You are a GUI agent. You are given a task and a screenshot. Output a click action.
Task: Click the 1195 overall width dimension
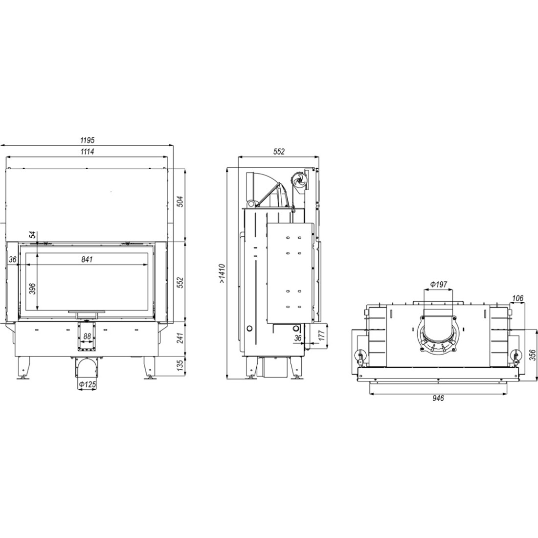point(87,140)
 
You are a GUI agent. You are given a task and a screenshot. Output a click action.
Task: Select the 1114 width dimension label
point(87,151)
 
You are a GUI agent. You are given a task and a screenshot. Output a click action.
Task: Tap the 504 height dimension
point(181,202)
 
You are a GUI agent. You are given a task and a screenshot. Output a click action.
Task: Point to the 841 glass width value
point(87,260)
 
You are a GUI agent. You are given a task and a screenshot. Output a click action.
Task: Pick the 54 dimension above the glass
point(32,235)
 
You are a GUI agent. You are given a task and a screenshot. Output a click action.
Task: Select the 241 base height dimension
point(181,337)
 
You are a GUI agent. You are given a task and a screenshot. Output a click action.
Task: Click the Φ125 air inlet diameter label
point(87,385)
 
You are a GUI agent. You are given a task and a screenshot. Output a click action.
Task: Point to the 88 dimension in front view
point(87,336)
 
